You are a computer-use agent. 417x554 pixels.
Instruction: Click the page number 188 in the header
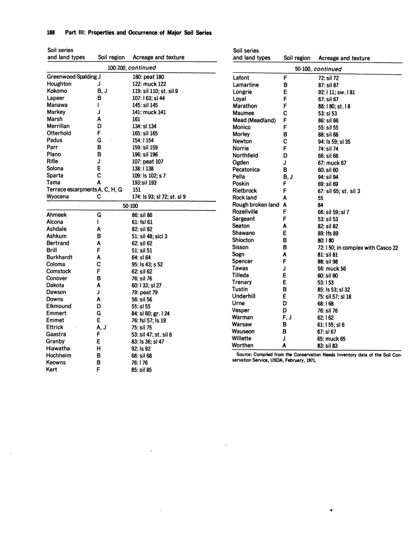pyautogui.click(x=51, y=33)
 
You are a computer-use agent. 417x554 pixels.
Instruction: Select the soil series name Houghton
pyautogui.click(x=59, y=84)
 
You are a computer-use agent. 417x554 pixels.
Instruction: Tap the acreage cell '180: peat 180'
pyautogui.click(x=148, y=77)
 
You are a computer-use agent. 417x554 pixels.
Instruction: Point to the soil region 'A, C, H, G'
pyautogui.click(x=110, y=190)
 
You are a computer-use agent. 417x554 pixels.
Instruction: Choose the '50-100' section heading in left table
pyautogui.click(x=130, y=206)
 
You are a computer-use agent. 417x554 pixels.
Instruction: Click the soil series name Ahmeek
pyautogui.click(x=57, y=215)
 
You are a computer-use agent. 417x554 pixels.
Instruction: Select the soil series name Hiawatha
pyautogui.click(x=58, y=348)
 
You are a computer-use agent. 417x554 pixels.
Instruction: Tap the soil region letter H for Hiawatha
pyautogui.click(x=99, y=349)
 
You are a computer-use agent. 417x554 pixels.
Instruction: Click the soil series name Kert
pyautogui.click(x=52, y=370)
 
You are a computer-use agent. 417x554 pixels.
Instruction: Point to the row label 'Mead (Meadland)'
pyautogui.click(x=254, y=120)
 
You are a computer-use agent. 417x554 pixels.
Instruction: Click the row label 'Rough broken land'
pyautogui.click(x=256, y=205)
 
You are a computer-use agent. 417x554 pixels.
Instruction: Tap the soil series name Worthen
pyautogui.click(x=243, y=345)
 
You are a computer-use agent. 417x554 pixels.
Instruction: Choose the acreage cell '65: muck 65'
pyautogui.click(x=331, y=339)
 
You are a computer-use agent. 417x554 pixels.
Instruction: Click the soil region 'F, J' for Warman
pyautogui.click(x=287, y=317)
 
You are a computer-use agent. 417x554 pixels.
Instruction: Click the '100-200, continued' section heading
pyautogui.click(x=132, y=68)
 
